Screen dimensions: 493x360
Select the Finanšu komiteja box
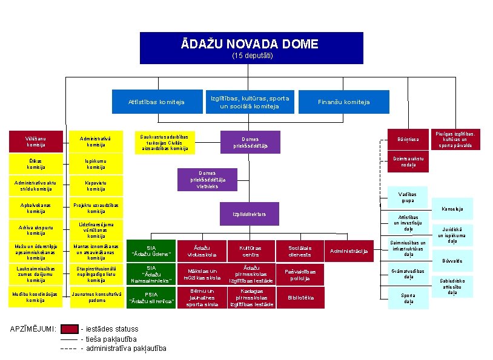[343, 102]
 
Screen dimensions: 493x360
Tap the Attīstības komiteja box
[156, 102]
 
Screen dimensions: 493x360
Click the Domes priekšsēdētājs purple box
[250, 142]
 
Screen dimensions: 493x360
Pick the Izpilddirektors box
[249, 214]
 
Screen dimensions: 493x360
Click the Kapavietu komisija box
[96, 185]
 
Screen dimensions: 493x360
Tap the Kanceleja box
[452, 209]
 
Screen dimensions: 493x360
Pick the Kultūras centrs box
[250, 251]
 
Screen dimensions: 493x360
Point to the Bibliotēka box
[300, 298]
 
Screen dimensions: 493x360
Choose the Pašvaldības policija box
[300, 275]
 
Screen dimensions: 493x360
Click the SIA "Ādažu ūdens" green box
[151, 251]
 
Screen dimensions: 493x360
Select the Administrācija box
[350, 251]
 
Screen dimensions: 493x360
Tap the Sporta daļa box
[408, 298]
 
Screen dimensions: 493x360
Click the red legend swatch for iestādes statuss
[70, 329]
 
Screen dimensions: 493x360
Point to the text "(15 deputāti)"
[253, 56]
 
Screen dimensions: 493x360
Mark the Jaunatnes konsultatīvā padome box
[96, 297]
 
